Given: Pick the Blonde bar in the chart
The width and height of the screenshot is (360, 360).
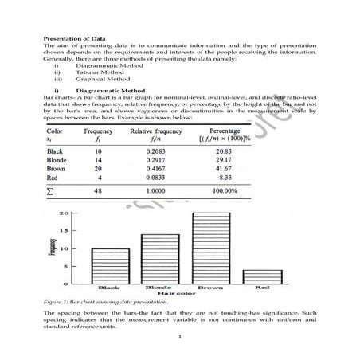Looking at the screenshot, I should tap(160, 259).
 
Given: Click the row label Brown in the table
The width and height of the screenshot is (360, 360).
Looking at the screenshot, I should tap(57, 169).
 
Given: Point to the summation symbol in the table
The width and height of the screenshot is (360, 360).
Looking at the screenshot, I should tap(52, 191).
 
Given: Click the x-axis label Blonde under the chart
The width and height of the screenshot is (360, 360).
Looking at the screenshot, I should tap(160, 287).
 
